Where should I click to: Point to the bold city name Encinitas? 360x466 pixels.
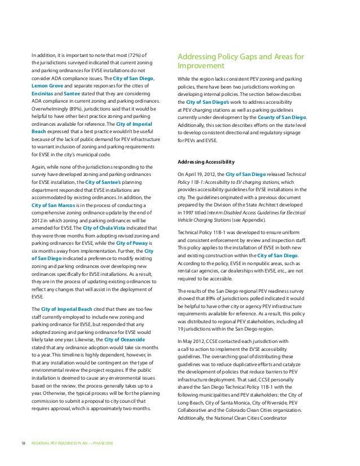(45, 95)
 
